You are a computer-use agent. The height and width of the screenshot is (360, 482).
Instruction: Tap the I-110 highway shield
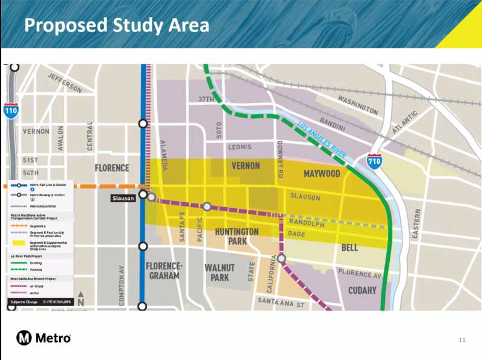pos(11,110)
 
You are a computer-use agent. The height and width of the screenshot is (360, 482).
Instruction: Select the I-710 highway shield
pos(374,161)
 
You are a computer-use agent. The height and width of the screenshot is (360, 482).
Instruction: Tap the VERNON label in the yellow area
pos(246,166)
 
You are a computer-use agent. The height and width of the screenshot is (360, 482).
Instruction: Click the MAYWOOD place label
pos(322,174)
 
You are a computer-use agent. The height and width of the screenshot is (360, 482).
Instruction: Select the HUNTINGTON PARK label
pos(237,237)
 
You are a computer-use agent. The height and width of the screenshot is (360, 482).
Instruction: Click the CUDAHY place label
pos(362,290)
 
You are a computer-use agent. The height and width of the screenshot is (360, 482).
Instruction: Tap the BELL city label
pos(349,247)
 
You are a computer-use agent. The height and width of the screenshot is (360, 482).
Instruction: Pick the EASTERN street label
pos(415,225)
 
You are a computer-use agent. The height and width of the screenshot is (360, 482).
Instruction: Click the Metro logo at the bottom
pos(44,338)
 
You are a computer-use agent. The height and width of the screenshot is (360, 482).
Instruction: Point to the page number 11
pos(462,341)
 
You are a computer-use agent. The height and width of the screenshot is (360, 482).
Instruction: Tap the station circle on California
pos(281,259)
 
